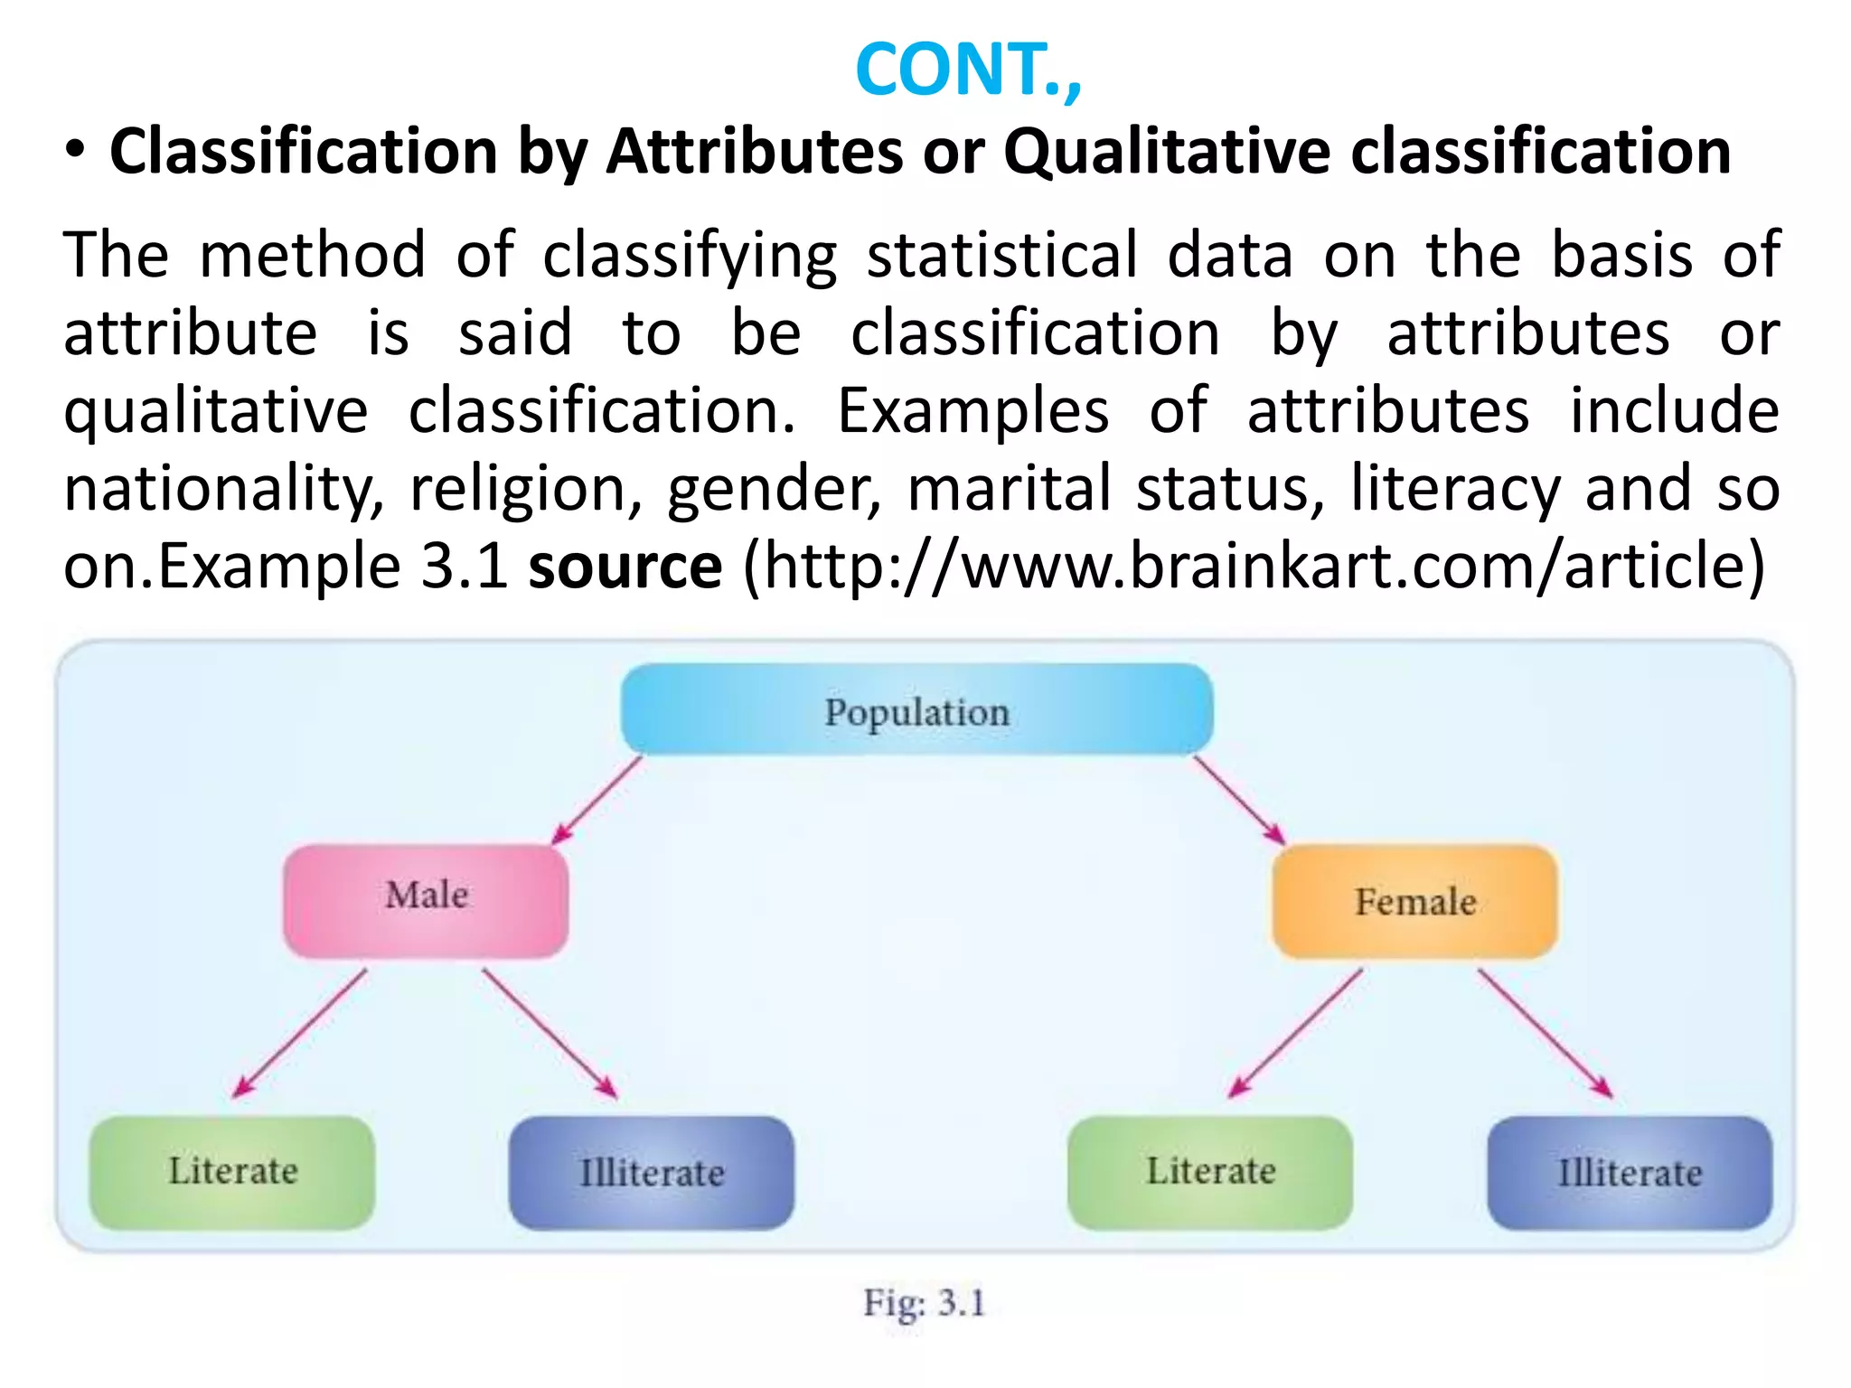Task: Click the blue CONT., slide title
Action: coord(967,70)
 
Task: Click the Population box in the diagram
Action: coord(916,711)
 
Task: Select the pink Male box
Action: coord(426,899)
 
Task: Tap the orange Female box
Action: coord(1414,901)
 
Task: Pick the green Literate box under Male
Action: coord(232,1172)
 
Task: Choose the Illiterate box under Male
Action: coord(651,1173)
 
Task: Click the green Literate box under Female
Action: coord(1210,1172)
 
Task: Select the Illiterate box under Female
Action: coord(1630,1173)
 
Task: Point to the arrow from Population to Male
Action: coord(597,799)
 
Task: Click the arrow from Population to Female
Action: coord(1238,800)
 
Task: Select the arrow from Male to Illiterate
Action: coord(550,1033)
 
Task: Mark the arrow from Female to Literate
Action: coord(1295,1033)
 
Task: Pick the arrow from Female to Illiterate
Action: coord(1545,1033)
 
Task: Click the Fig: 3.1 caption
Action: coord(924,1303)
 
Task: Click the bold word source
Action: coord(625,567)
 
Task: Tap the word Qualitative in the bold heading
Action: coord(1166,151)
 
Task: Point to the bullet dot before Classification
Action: coord(76,151)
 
